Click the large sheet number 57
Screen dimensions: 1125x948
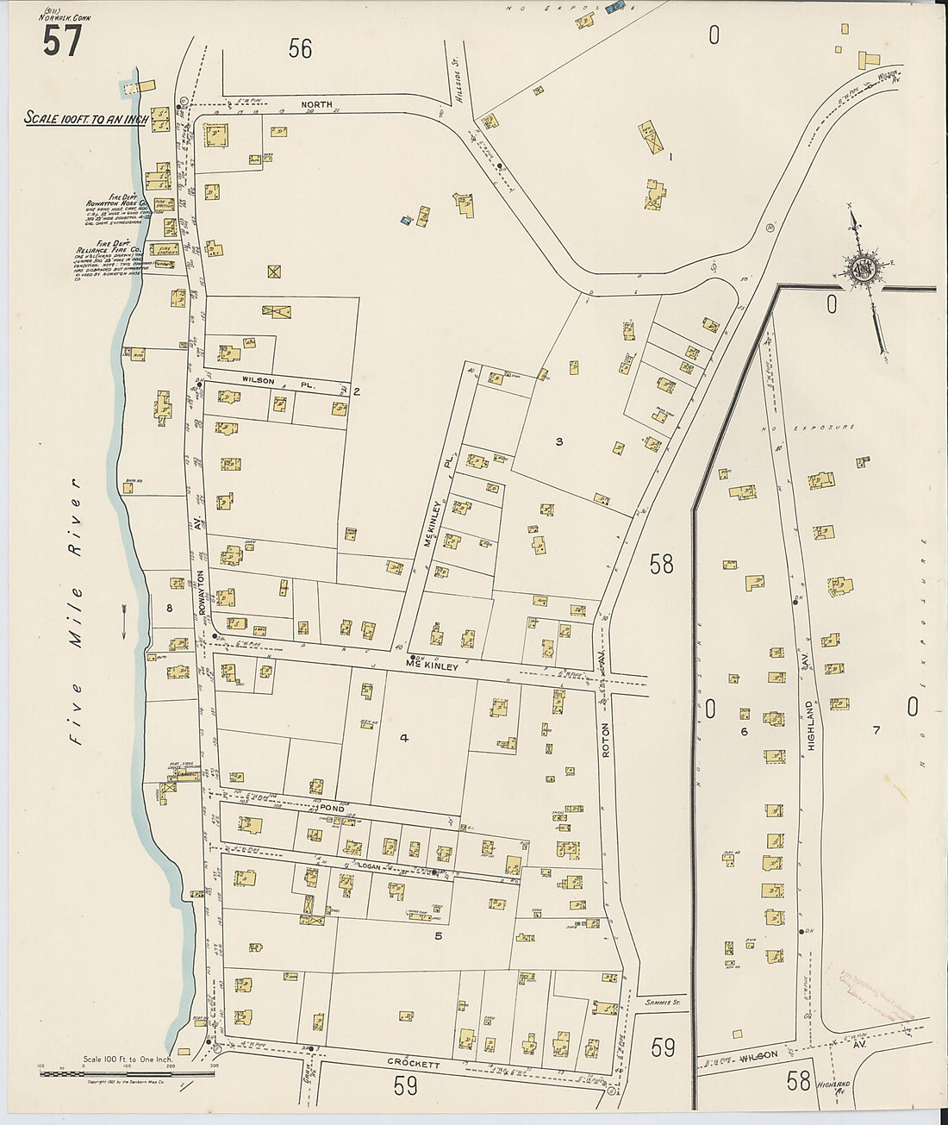62,40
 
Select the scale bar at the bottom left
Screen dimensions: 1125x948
128,1073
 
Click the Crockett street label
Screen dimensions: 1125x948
414,1064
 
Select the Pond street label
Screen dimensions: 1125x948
332,809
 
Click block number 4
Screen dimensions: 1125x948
403,736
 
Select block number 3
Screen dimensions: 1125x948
558,441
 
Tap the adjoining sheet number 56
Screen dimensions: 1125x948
300,49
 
